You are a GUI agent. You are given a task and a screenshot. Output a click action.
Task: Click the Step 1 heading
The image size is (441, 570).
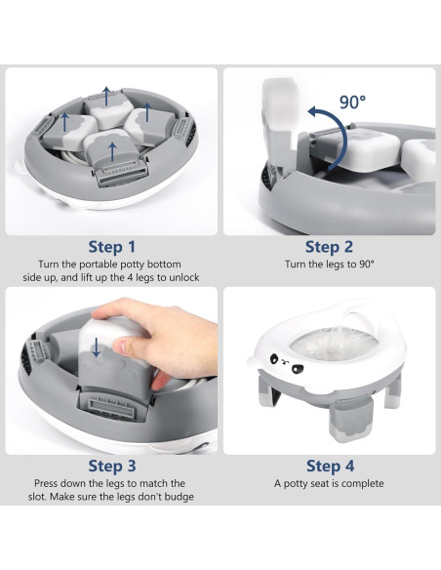(112, 247)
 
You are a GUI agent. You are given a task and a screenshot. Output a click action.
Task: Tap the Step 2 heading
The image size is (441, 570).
(329, 247)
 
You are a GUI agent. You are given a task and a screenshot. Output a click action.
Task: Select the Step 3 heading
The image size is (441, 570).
(112, 466)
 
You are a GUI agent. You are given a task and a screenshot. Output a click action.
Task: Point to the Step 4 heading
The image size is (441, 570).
(330, 466)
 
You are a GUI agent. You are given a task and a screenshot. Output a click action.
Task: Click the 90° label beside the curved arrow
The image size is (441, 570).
(352, 102)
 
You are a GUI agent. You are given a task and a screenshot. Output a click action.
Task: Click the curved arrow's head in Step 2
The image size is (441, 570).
(314, 112)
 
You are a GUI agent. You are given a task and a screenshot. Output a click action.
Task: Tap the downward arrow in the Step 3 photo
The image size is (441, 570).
(97, 346)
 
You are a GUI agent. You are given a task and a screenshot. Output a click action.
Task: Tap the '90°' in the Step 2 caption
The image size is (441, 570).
(367, 264)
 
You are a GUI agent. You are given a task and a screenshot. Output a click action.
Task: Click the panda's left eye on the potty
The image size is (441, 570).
(273, 359)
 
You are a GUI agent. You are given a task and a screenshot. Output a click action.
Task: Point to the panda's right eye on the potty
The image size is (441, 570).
(298, 369)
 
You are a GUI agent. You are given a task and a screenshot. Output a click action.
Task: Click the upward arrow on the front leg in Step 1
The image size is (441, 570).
(112, 152)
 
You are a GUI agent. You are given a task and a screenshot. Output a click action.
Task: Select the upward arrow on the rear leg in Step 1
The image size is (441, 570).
(106, 96)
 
